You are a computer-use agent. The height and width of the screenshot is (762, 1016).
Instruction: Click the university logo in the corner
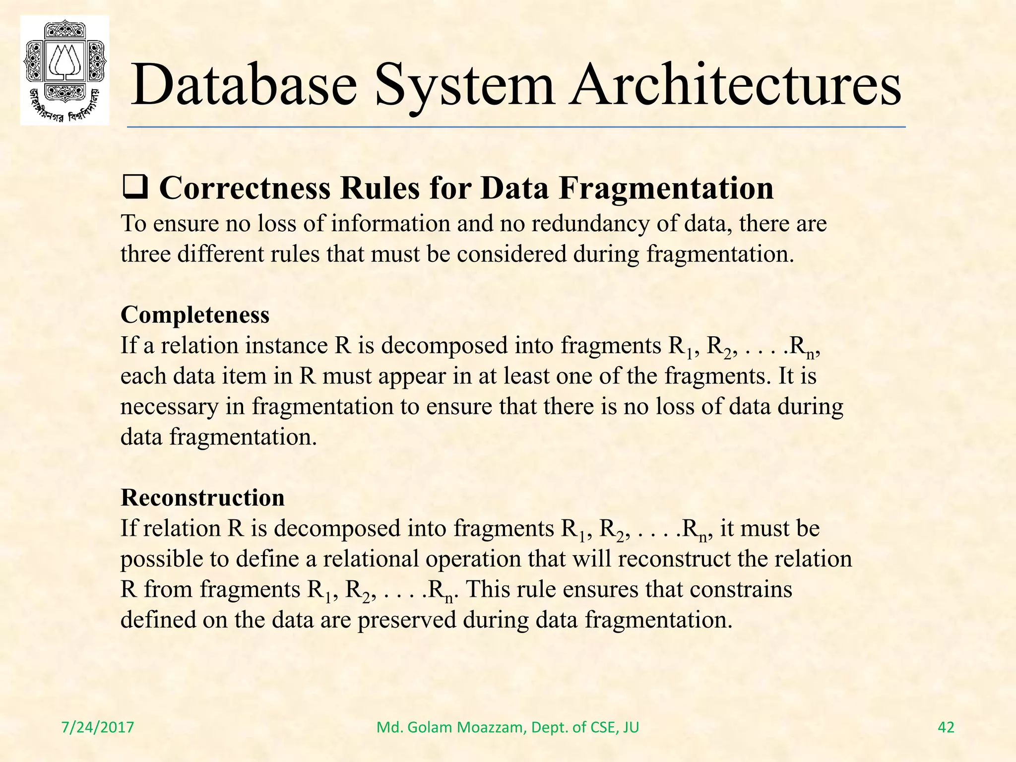(x=64, y=70)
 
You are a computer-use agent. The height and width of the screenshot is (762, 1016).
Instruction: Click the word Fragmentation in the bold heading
(x=666, y=189)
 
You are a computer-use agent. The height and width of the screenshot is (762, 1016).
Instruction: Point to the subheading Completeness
(x=195, y=315)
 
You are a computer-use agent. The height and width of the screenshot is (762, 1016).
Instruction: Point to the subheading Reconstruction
(x=202, y=498)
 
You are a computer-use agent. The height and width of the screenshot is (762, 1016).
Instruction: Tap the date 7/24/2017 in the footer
(x=98, y=727)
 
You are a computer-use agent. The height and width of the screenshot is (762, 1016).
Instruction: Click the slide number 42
(x=946, y=727)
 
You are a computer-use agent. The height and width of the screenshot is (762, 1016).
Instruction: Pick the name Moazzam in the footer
(x=492, y=727)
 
